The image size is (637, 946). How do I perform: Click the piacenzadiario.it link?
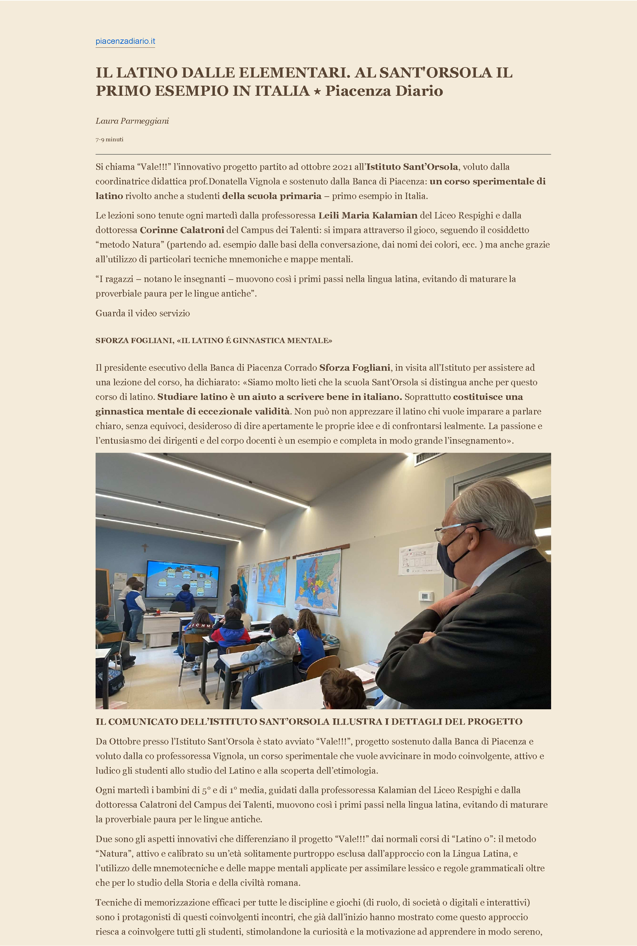[125, 41]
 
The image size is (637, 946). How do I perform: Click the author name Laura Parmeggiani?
[132, 121]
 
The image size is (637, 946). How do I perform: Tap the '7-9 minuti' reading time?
[109, 139]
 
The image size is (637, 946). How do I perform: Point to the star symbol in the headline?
[317, 91]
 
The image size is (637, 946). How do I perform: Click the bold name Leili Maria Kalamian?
[368, 215]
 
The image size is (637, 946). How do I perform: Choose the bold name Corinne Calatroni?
[182, 230]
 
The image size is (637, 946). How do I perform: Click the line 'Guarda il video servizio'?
[143, 313]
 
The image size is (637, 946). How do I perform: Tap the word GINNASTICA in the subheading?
[259, 340]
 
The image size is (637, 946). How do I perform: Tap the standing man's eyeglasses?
[457, 529]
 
